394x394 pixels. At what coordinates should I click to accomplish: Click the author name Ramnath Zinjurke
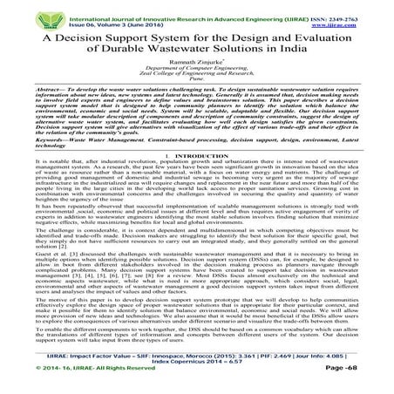[197, 66]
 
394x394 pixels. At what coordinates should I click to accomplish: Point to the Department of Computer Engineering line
[197, 74]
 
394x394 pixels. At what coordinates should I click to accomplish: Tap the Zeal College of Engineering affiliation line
[197, 81]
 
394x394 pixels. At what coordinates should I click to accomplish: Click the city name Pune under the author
[197, 88]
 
